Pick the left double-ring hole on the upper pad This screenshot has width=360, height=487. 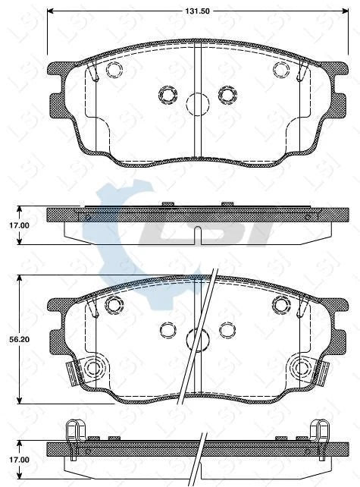tap(167, 94)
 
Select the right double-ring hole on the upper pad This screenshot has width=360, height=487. tap(227, 94)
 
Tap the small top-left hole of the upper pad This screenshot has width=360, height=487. tap(114, 71)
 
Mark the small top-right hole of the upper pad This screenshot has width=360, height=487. tap(280, 71)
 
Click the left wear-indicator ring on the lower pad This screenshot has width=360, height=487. tap(95, 369)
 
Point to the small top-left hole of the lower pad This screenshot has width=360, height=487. tap(114, 305)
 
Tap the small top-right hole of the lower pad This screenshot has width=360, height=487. tap(280, 305)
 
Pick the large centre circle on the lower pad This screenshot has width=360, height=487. tap(197, 338)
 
